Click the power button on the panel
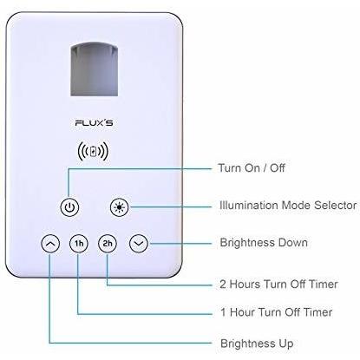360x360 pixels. (69, 207)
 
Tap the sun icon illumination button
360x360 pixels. (120, 207)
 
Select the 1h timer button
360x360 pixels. (79, 244)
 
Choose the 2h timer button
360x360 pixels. (108, 244)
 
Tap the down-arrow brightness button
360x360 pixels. (139, 244)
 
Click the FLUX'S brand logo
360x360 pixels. (94, 123)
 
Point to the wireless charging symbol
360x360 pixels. (93, 151)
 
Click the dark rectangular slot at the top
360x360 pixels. (95, 69)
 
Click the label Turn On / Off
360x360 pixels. (252, 167)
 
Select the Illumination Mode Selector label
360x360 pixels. (288, 206)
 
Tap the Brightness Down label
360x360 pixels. (264, 242)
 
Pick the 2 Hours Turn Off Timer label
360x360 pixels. (278, 284)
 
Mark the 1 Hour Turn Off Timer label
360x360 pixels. (277, 312)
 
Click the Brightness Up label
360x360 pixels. (257, 344)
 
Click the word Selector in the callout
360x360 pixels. (336, 206)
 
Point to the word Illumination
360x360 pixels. (249, 206)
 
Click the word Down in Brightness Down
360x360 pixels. (292, 242)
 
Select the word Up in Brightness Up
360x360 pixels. (286, 344)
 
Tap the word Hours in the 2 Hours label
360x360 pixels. (245, 284)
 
